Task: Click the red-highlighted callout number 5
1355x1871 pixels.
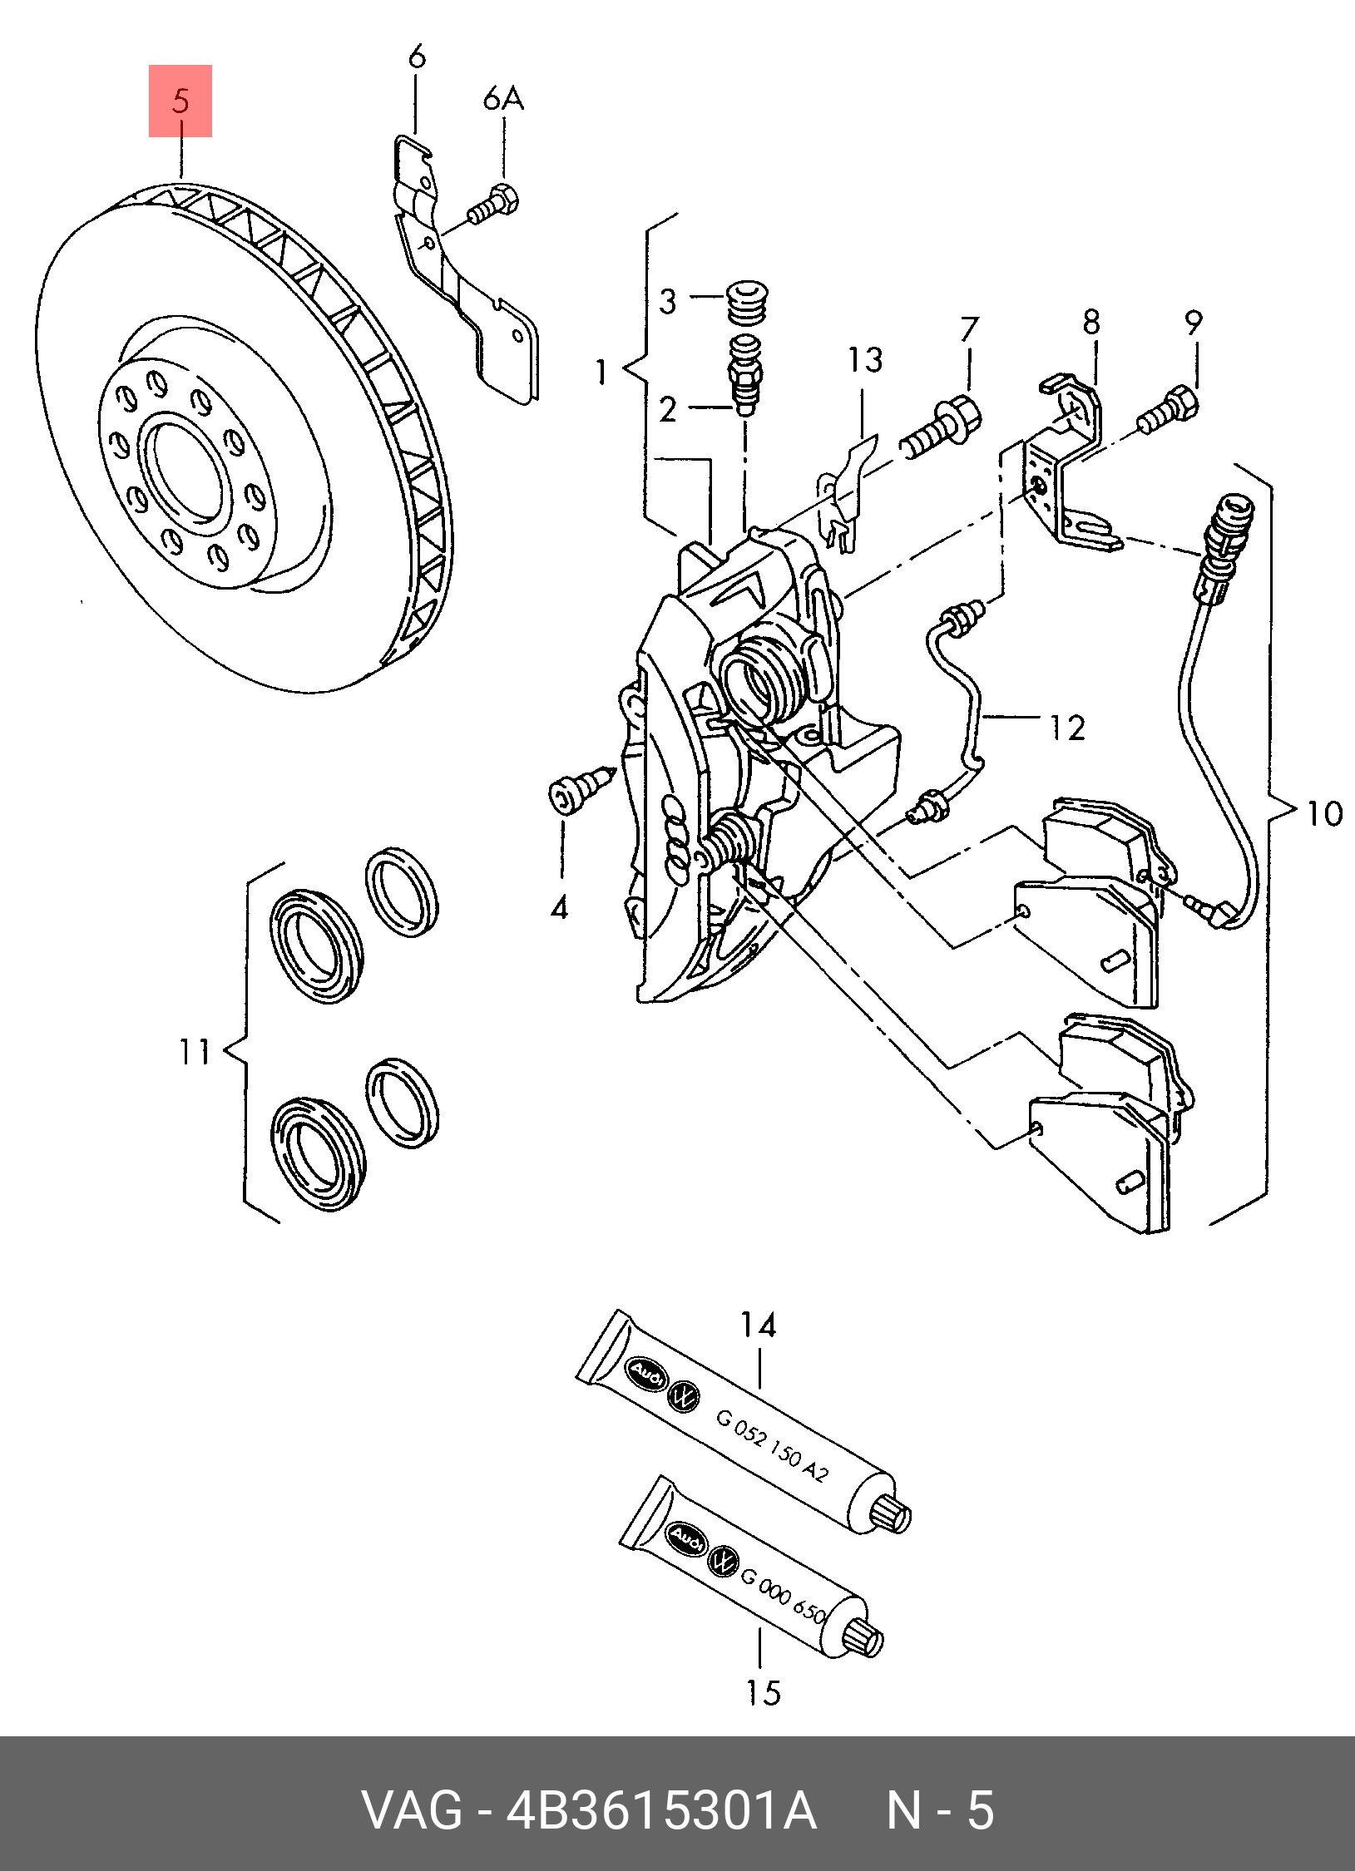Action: point(181,101)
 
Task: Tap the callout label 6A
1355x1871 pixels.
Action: point(503,99)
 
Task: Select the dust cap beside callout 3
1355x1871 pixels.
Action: point(747,303)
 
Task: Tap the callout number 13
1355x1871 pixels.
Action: point(865,360)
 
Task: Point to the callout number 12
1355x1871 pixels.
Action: point(1067,728)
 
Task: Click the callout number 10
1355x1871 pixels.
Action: point(1323,813)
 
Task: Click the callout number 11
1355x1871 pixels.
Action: point(195,1052)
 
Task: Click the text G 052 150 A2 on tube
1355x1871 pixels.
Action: point(772,1448)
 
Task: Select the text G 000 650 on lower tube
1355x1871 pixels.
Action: point(783,1596)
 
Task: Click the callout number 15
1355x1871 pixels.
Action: point(763,1693)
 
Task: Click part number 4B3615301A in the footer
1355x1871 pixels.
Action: point(661,1811)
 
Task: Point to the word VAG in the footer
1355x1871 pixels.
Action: point(412,1811)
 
